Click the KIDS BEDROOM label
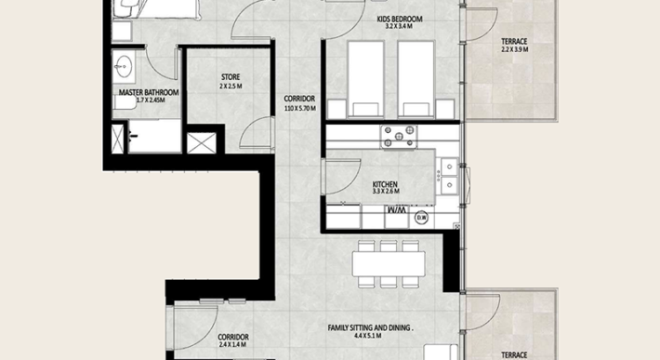click(401, 19)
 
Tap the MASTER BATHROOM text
click(148, 93)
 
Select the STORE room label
click(231, 77)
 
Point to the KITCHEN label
click(385, 185)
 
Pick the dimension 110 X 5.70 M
click(299, 109)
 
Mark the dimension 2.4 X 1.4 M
click(231, 345)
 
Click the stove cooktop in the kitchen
click(401, 136)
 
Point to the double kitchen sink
click(449, 176)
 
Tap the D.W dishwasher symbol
click(421, 219)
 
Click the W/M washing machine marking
click(397, 210)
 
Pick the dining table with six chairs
click(389, 264)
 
